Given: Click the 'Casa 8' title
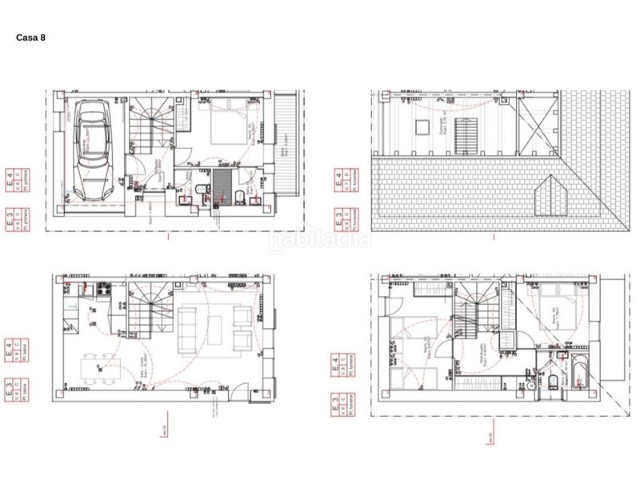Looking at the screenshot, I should coord(30,38).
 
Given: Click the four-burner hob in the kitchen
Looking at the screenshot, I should coord(102,290).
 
